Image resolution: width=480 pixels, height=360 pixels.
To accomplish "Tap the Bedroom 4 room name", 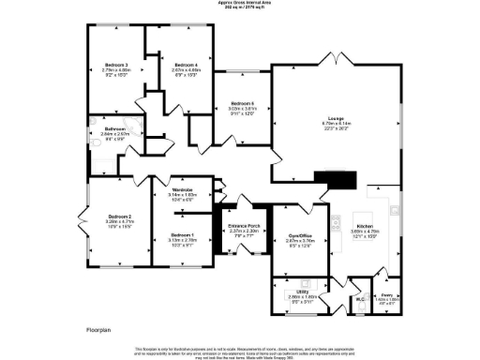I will click(172, 65).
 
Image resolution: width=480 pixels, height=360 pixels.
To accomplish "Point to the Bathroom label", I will click(115, 128).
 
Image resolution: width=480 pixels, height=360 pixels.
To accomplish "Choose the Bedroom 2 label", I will click(117, 216).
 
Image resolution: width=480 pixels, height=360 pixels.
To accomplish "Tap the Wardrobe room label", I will click(182, 190).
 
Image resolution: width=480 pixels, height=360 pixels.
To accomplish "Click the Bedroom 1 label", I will click(183, 234).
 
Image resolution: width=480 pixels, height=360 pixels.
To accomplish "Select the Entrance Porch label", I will click(243, 226).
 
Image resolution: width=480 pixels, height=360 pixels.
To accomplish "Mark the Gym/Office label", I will click(299, 234).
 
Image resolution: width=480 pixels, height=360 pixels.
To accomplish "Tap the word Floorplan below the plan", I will click(98, 329).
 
